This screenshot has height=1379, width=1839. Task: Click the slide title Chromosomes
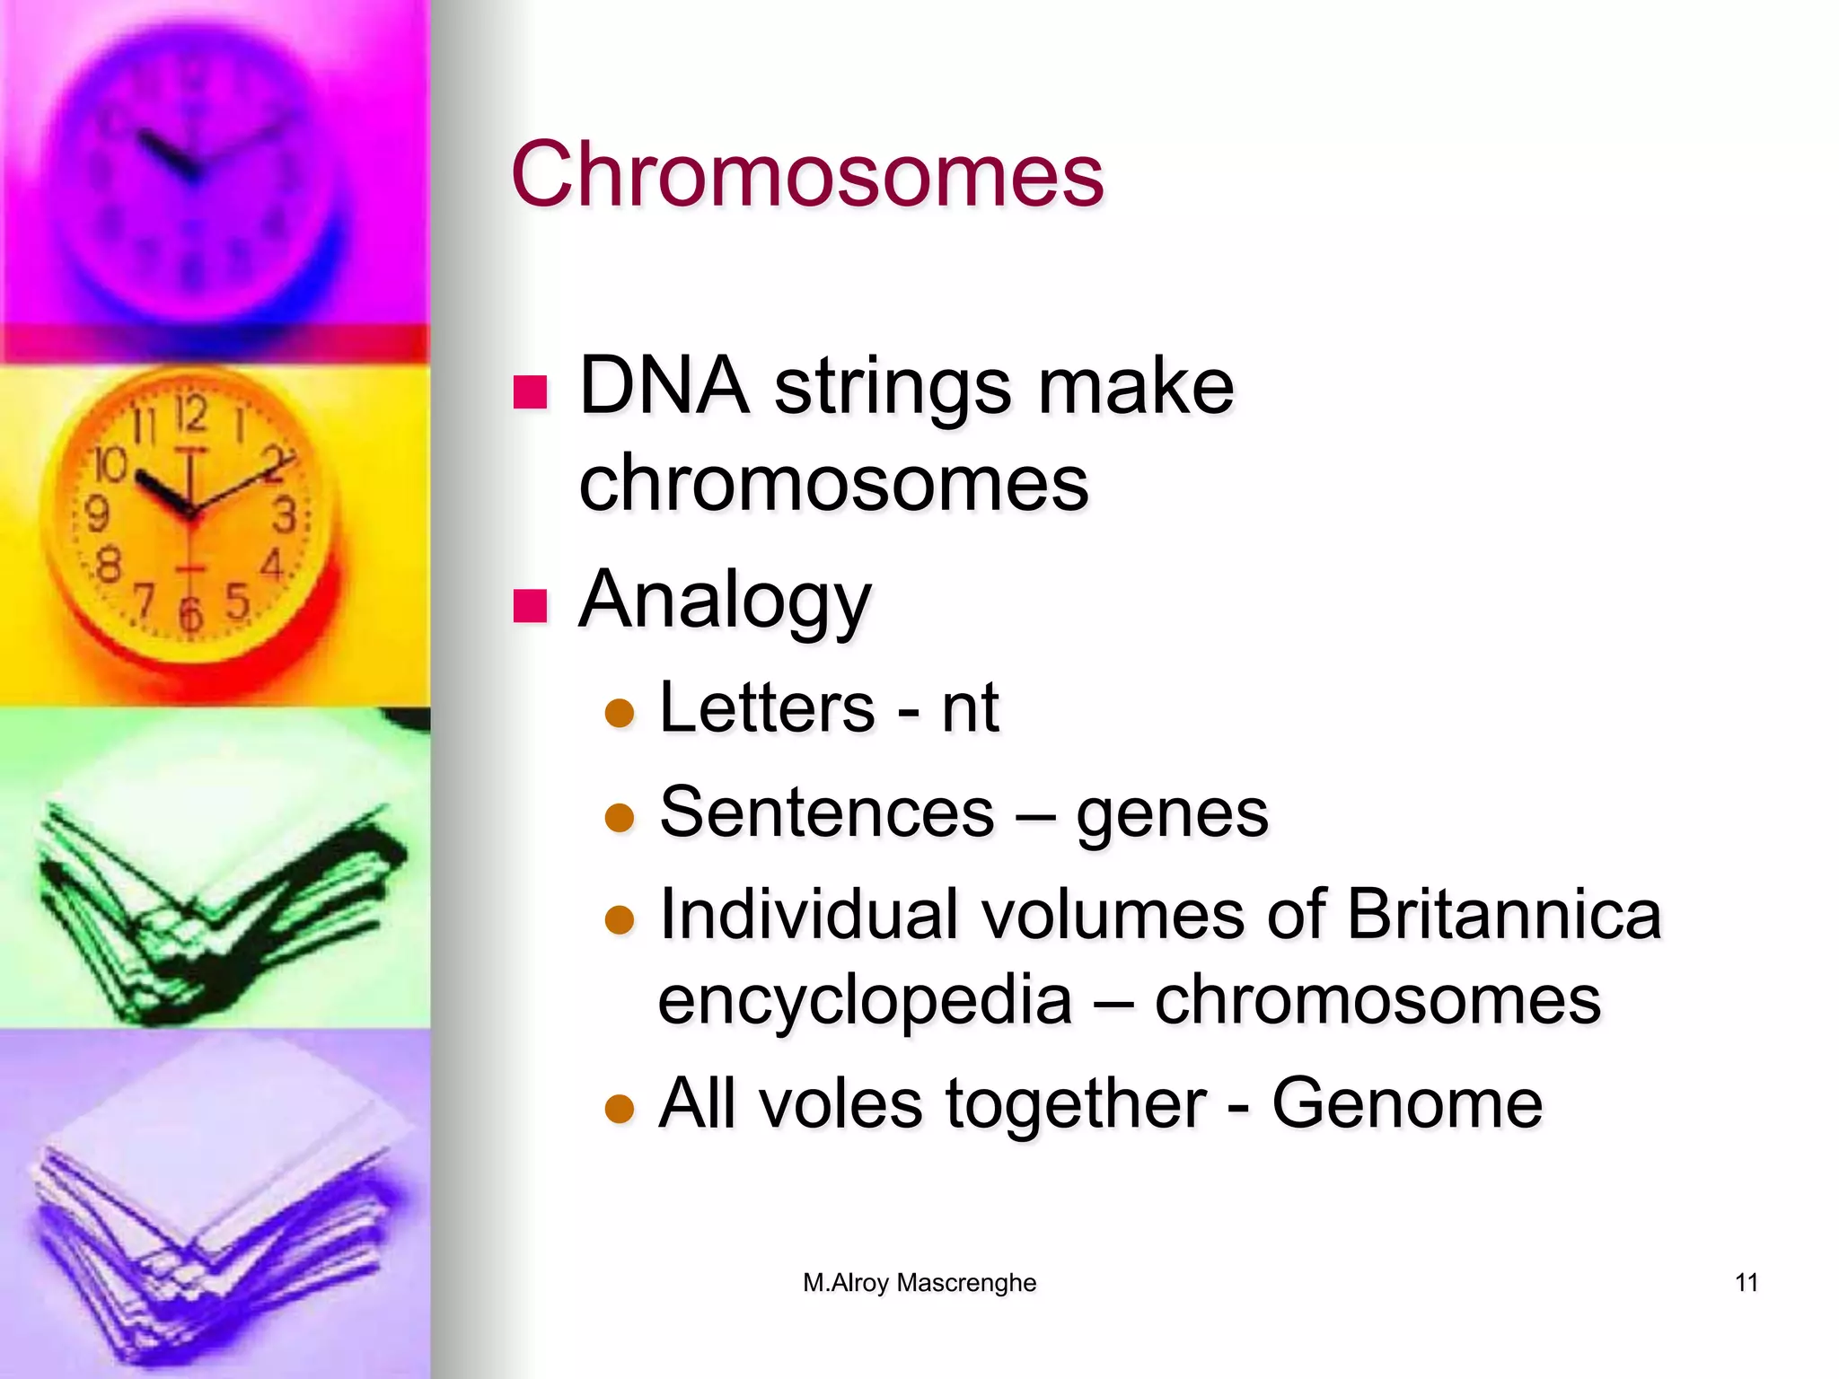[x=806, y=174]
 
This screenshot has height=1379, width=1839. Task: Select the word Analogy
[x=725, y=600]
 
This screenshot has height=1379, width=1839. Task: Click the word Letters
[x=767, y=707]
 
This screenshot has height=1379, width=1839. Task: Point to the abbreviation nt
[x=970, y=709]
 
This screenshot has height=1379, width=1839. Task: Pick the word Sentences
[x=826, y=812]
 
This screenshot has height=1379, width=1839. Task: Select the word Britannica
[x=1504, y=914]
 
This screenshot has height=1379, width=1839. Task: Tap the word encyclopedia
[x=865, y=1001]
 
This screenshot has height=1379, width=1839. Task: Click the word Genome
[x=1407, y=1103]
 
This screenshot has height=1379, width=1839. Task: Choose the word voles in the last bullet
[x=840, y=1103]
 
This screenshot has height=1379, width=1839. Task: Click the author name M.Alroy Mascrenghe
[x=919, y=1283]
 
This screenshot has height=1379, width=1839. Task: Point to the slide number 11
[x=1747, y=1283]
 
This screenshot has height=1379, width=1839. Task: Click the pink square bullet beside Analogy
[x=530, y=606]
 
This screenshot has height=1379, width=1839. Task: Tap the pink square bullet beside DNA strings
[x=530, y=392]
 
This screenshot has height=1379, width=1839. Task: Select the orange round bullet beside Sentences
[x=620, y=818]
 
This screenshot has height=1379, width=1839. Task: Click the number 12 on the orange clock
[x=190, y=415]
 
